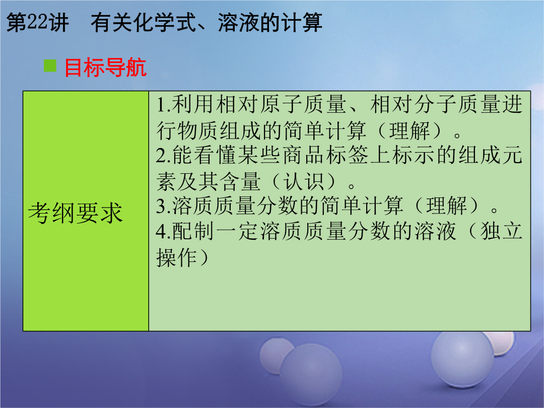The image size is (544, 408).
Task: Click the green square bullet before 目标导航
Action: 50,66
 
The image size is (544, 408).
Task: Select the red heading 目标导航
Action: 105,67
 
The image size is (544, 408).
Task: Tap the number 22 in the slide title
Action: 37,22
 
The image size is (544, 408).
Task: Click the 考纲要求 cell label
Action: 75,213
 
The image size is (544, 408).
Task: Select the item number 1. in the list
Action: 163,104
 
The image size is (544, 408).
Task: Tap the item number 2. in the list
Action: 163,155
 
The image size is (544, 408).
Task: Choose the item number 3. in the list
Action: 163,206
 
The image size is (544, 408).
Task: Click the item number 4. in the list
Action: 163,231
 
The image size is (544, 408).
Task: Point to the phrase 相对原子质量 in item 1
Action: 282,104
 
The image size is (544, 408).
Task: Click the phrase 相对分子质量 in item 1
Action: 436,104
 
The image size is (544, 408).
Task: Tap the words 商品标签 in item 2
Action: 325,155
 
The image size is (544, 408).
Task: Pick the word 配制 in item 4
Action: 193,231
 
